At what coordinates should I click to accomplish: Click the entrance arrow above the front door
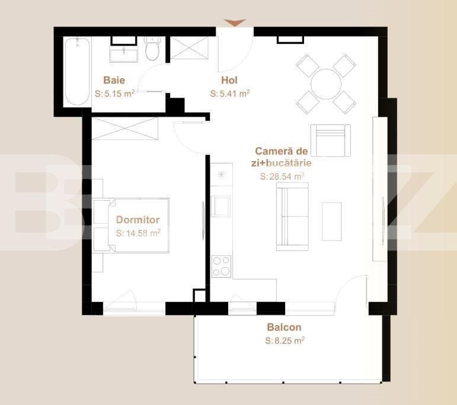tap(235, 22)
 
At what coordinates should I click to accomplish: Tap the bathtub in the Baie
tap(77, 72)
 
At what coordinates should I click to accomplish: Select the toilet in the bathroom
tap(152, 49)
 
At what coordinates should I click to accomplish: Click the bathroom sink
tap(123, 53)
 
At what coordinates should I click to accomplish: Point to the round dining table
tap(326, 84)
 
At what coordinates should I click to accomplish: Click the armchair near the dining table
tap(331, 140)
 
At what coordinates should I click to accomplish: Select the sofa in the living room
tap(292, 216)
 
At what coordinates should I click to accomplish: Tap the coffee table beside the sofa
tap(332, 221)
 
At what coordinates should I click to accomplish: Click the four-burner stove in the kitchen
tap(221, 266)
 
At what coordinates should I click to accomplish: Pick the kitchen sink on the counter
tap(220, 207)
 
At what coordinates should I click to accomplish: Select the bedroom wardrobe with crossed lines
tap(124, 128)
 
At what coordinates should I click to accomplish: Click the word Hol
tap(229, 80)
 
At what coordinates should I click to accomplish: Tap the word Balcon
tap(284, 327)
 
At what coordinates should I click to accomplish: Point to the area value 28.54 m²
tap(282, 176)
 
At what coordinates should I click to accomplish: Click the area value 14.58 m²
tap(138, 233)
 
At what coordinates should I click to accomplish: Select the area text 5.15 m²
tap(114, 94)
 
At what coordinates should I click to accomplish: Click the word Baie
tap(114, 80)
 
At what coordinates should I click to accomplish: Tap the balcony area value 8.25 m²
tap(285, 340)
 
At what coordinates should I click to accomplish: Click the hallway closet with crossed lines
tap(190, 48)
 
